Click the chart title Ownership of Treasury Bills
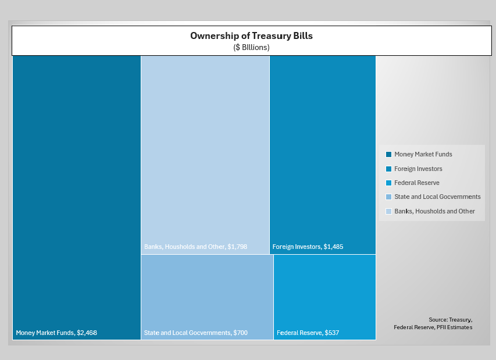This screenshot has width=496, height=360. (251, 35)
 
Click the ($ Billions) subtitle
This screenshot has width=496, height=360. (251, 48)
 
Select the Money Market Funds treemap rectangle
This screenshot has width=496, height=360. (77, 198)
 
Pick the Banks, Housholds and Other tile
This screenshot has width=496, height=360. (205, 155)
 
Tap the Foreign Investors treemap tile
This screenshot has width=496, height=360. (323, 155)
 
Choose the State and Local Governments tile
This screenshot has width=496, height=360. (207, 297)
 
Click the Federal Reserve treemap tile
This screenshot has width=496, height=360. (325, 297)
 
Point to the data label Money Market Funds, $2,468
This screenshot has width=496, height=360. (56, 333)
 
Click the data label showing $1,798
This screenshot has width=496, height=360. (195, 247)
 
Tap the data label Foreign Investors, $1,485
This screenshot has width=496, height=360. (308, 247)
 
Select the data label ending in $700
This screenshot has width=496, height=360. (196, 333)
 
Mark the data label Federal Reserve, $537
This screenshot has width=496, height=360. (308, 333)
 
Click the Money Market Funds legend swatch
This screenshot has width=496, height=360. (389, 154)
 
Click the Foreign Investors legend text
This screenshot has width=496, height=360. (418, 169)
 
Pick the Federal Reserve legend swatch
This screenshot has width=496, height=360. (389, 183)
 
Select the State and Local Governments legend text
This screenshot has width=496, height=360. (437, 197)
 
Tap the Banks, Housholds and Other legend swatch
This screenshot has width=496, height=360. (389, 211)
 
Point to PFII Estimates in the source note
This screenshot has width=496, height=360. (455, 327)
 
